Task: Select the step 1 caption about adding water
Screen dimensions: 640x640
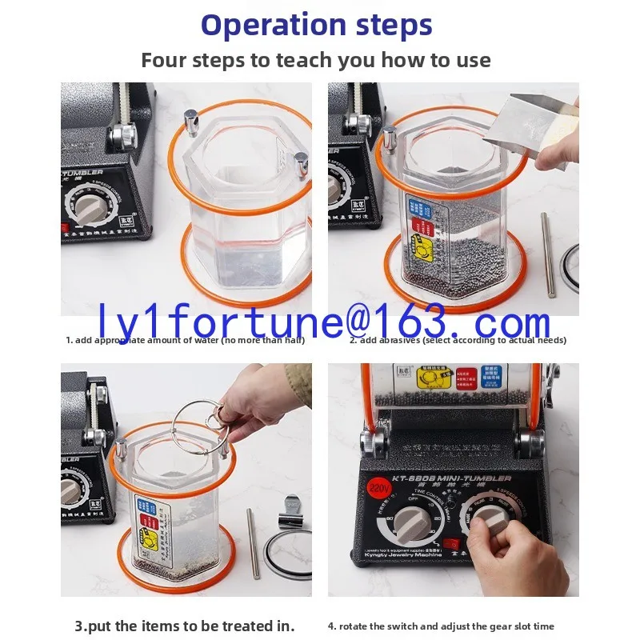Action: pyautogui.click(x=185, y=340)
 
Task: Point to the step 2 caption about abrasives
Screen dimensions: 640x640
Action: pyautogui.click(x=458, y=340)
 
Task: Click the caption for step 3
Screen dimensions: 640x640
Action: pyautogui.click(x=185, y=626)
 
